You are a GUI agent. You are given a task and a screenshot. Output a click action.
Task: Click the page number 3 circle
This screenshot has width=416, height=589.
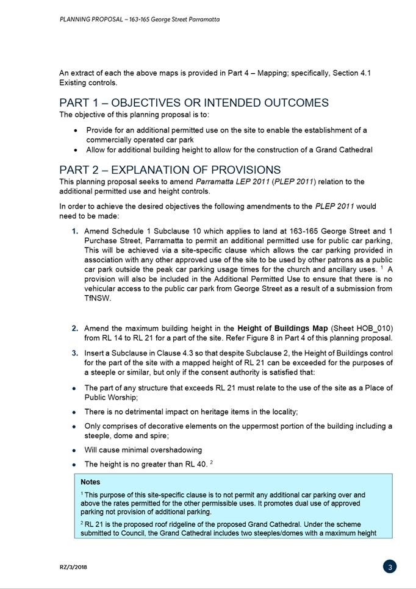click(x=390, y=566)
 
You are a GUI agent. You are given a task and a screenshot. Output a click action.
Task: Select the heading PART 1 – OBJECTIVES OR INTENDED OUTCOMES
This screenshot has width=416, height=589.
click(x=194, y=102)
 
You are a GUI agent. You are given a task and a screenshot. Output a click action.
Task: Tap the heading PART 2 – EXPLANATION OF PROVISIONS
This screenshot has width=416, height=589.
click(x=170, y=170)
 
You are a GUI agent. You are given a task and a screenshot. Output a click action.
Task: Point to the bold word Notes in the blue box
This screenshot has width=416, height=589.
click(x=90, y=482)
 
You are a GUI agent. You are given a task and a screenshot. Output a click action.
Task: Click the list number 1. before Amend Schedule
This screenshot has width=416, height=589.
click(x=75, y=231)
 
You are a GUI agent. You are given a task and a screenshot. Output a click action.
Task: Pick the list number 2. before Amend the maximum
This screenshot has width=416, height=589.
click(x=75, y=329)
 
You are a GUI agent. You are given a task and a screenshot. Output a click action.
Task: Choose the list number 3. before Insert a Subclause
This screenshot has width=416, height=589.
click(x=75, y=353)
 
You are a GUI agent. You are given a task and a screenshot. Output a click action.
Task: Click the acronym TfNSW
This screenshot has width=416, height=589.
click(x=98, y=299)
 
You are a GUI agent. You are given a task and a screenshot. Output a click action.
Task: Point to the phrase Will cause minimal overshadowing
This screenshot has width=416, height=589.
click(x=143, y=450)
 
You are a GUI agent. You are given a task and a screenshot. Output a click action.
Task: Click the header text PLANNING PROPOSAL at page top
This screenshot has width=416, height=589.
click(x=90, y=20)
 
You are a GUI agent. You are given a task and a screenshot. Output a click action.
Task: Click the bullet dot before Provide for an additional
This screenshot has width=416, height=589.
click(x=75, y=130)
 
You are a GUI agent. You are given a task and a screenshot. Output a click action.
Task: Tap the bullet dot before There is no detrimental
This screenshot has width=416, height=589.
click(x=74, y=413)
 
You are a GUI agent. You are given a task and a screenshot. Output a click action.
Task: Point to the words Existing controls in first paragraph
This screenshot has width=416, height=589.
click(x=88, y=82)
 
